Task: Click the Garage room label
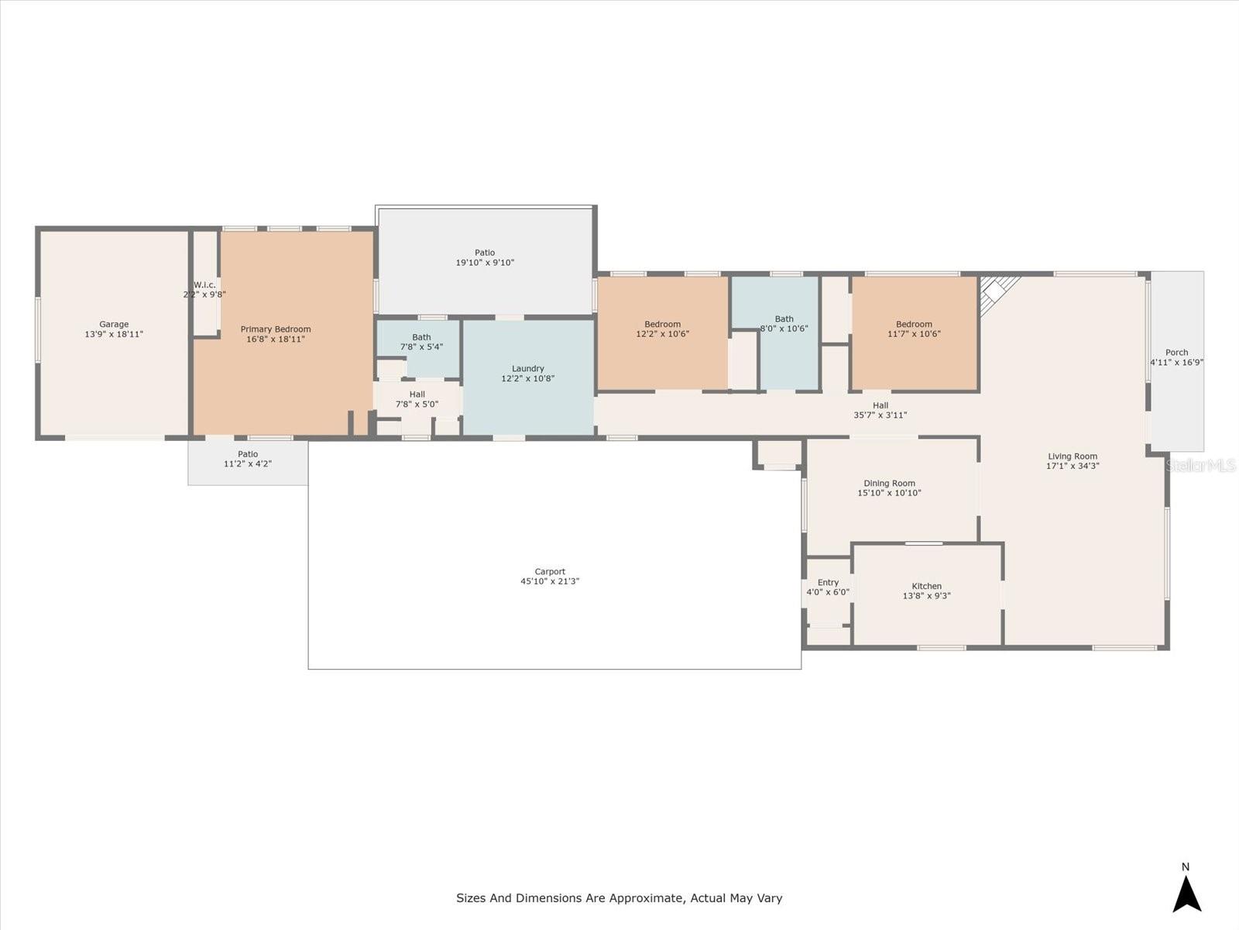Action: click(114, 324)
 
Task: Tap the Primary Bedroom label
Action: click(276, 329)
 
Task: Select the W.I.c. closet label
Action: click(204, 285)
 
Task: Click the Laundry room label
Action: click(528, 369)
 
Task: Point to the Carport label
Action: click(550, 571)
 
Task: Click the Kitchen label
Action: click(926, 586)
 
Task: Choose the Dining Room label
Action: click(889, 484)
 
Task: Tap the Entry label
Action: click(828, 582)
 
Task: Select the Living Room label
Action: click(1073, 456)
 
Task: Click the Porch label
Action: click(1176, 353)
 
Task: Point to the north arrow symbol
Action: click(1186, 894)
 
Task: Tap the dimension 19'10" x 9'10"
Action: click(485, 263)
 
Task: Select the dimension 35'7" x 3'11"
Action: click(880, 415)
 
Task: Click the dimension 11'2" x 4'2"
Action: click(248, 464)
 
